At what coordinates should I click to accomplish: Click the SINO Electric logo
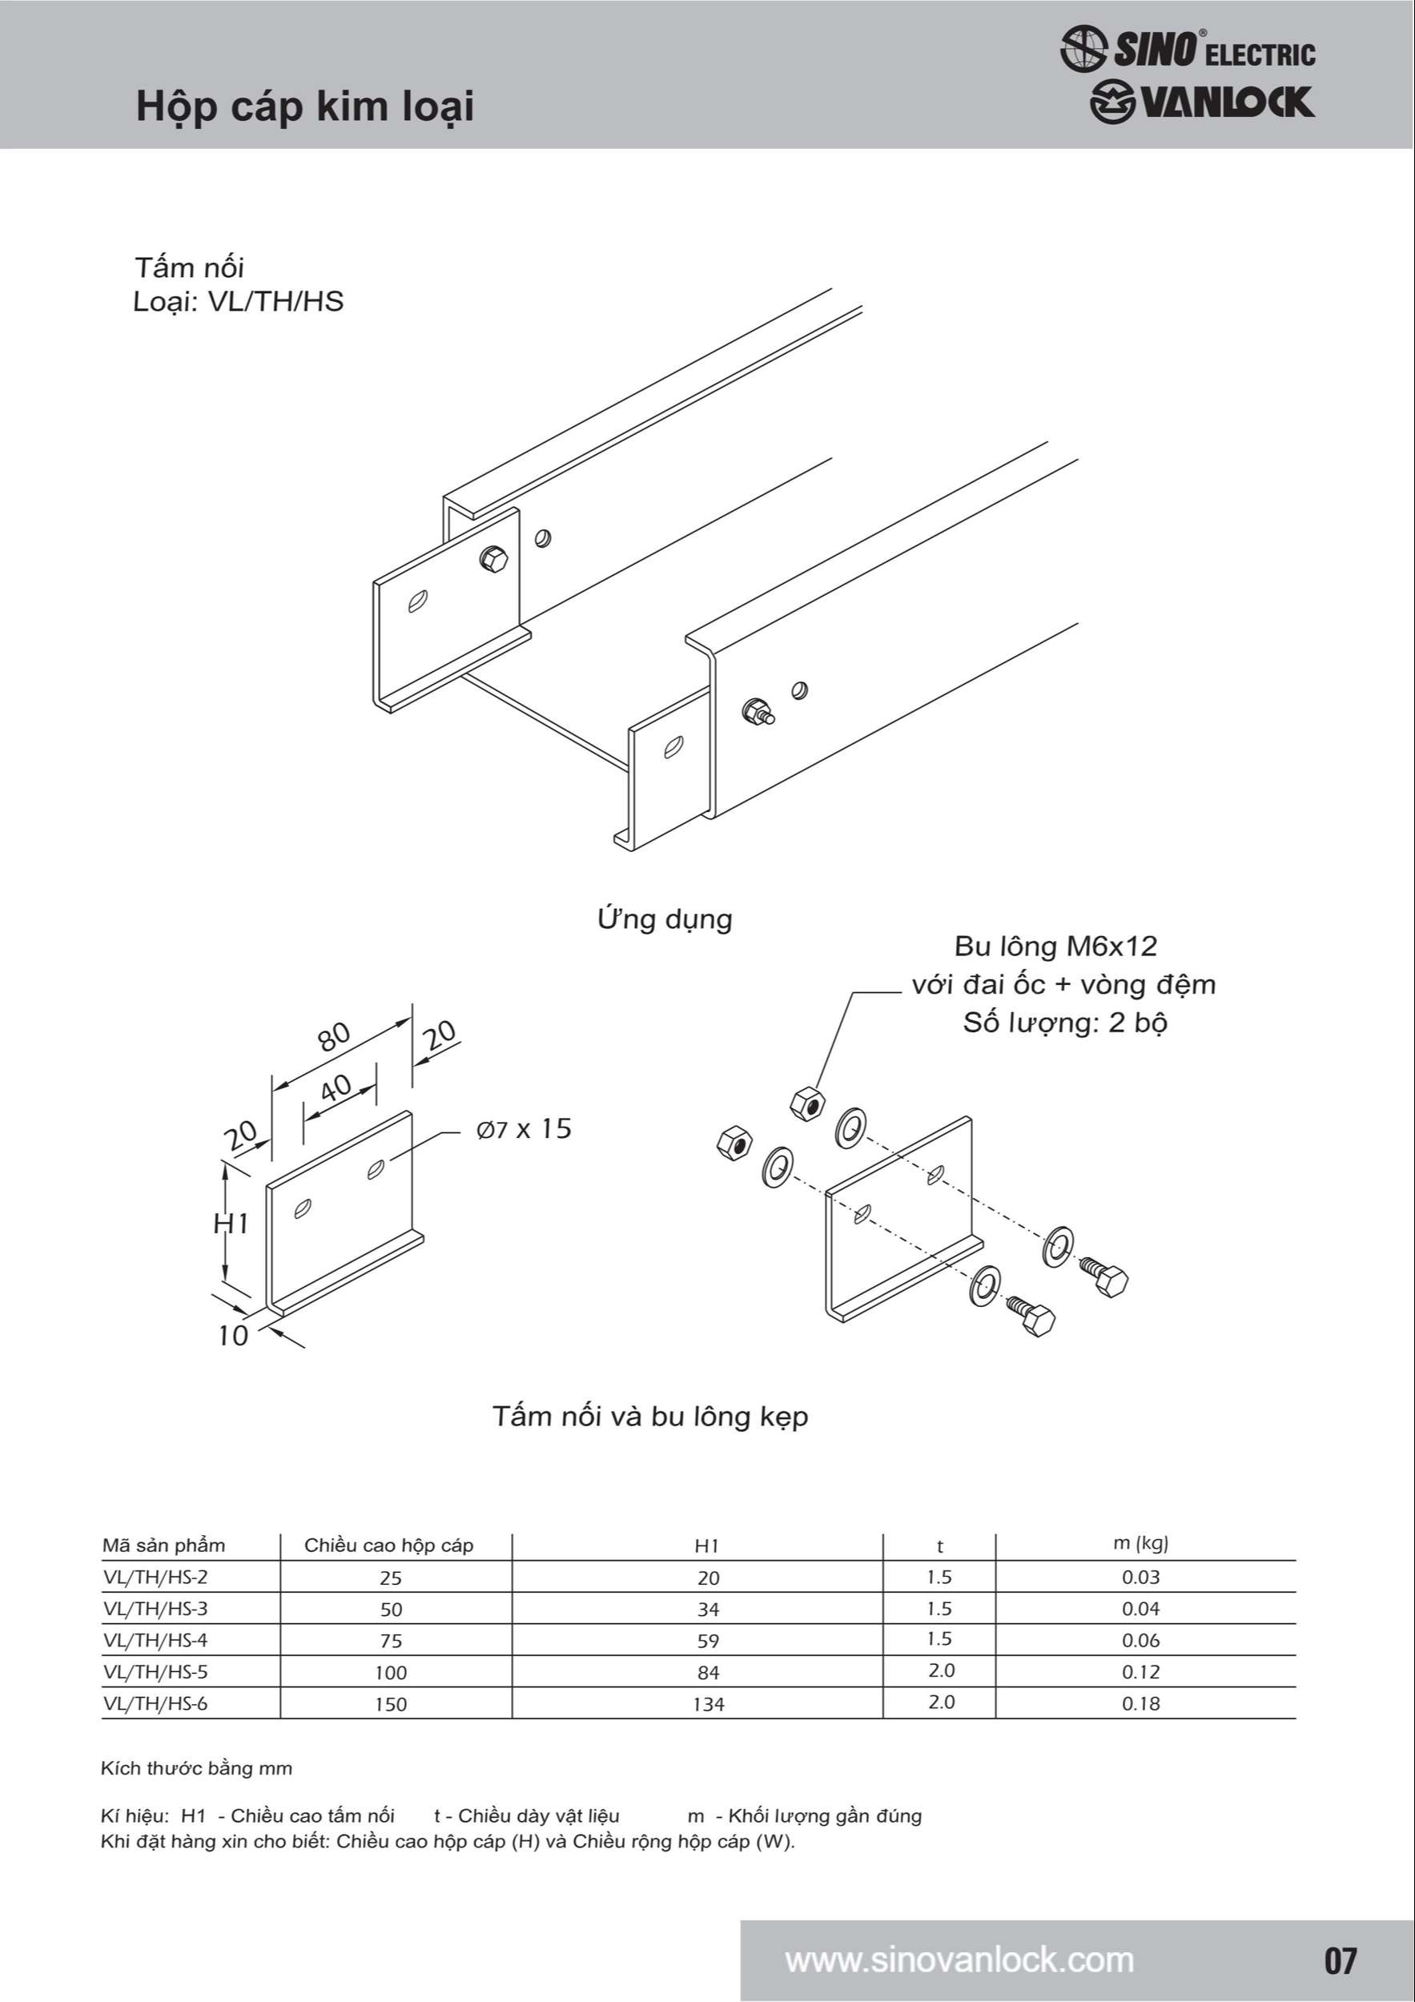coord(1188,49)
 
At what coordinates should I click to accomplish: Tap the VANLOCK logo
coord(1201,102)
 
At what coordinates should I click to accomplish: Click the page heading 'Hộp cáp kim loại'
coord(305,107)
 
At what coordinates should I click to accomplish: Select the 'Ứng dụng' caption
coord(665,919)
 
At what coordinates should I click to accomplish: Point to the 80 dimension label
coord(334,1036)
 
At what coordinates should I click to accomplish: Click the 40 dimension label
coord(336,1088)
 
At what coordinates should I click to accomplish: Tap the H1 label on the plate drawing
coord(231,1224)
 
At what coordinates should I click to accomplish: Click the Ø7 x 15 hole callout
coord(524,1129)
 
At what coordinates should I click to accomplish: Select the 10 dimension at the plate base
coord(233,1335)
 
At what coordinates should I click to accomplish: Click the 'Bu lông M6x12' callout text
coord(1055,946)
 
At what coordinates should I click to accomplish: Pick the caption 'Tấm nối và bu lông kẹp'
coord(650,1415)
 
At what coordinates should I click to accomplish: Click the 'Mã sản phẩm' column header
coord(164,1545)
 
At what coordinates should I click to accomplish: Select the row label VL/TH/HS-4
coord(155,1640)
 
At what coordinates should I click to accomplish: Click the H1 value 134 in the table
coord(709,1704)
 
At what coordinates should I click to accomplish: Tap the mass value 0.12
coord(1140,1671)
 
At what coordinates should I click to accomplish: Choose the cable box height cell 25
coord(391,1578)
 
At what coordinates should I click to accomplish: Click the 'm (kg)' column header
coord(1140,1543)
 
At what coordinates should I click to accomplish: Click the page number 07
coord(1340,1960)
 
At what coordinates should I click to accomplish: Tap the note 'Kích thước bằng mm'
coord(197,1767)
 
